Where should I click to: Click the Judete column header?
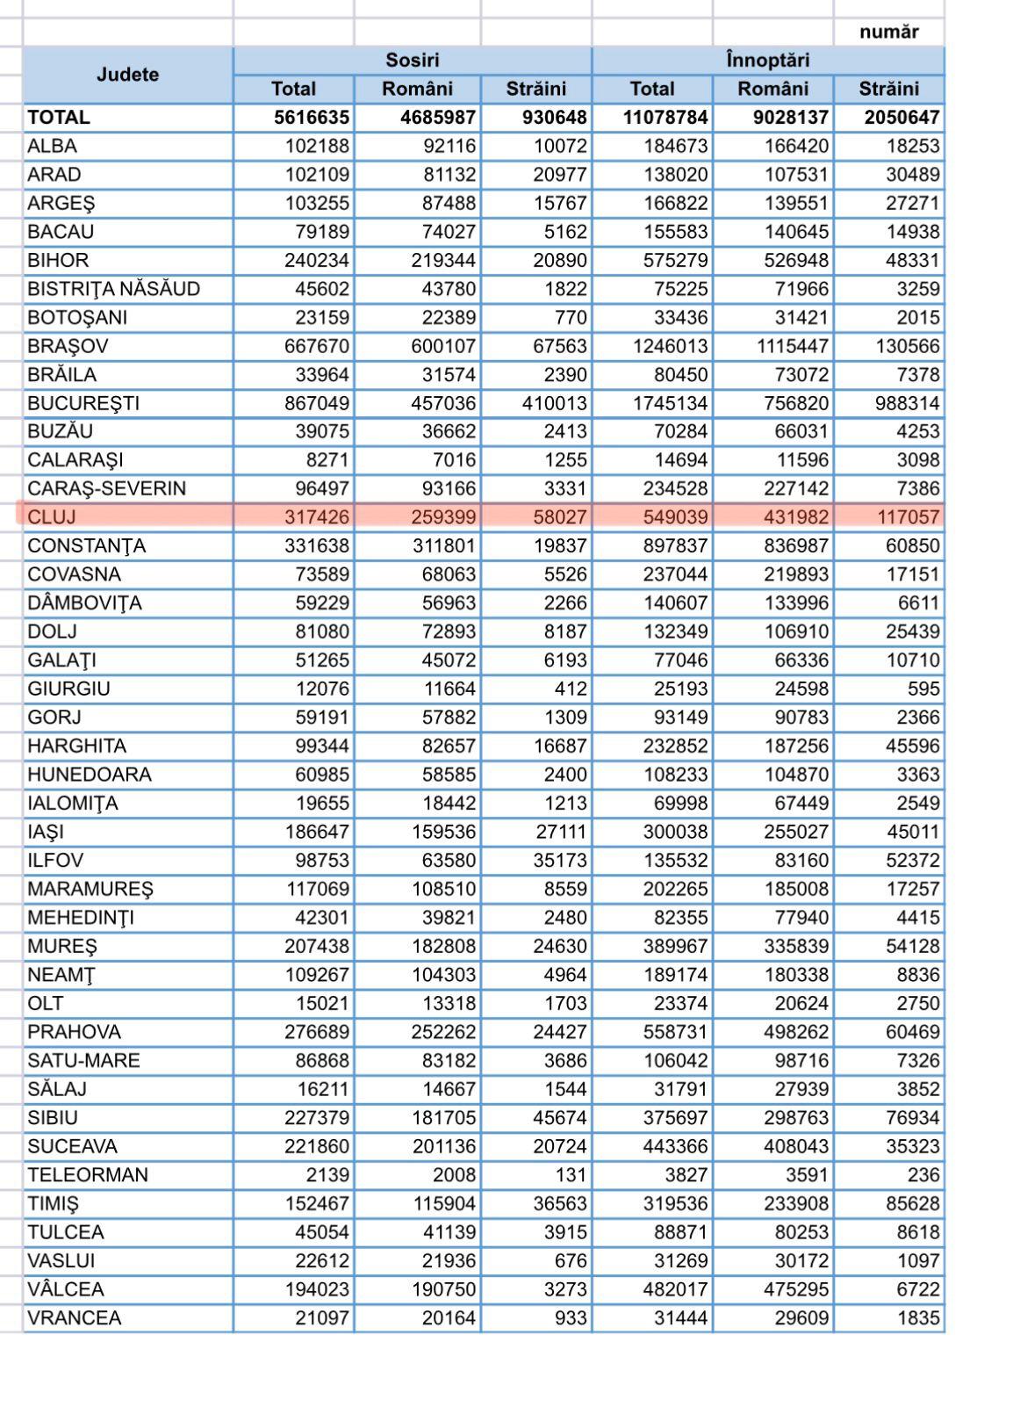[x=128, y=75]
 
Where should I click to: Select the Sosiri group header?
[x=413, y=61]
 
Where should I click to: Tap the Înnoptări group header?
[x=768, y=61]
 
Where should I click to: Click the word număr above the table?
[x=889, y=32]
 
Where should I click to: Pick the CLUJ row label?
[x=52, y=517]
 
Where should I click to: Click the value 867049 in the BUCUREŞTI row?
[x=317, y=403]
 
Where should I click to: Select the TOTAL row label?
[x=59, y=118]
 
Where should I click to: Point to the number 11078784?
[x=665, y=118]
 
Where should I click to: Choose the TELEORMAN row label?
[x=88, y=1175]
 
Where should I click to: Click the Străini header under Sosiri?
[x=536, y=89]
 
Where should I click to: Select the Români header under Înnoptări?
[x=773, y=89]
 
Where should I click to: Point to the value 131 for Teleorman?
[x=571, y=1175]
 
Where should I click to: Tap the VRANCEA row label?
[x=75, y=1318]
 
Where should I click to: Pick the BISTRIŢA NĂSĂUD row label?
[x=114, y=289]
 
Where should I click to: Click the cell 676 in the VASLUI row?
[x=571, y=1261]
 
